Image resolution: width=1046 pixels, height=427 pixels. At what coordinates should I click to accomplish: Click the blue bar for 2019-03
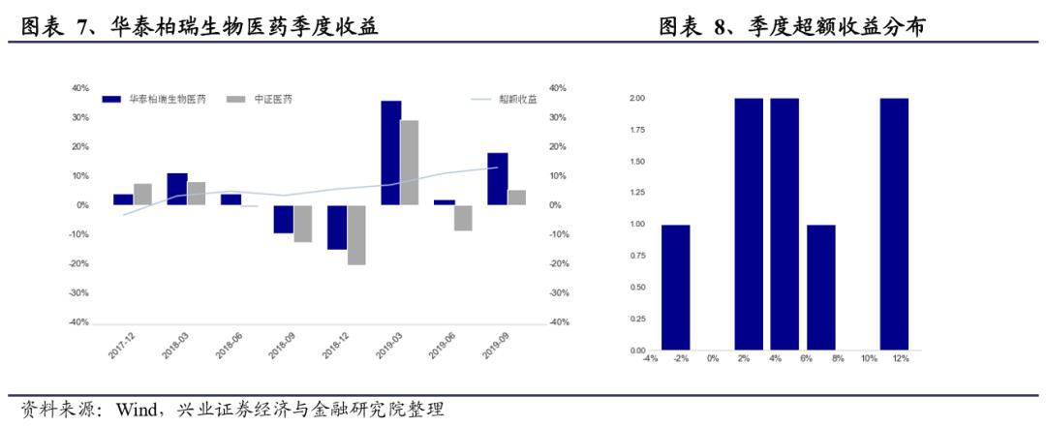390,153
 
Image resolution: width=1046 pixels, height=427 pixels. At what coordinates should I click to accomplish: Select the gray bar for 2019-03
410,163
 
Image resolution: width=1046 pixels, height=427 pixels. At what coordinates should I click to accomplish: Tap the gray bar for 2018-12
356,235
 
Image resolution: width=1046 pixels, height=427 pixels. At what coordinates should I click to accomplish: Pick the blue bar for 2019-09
497,179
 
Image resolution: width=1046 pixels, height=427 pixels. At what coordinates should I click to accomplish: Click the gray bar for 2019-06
463,218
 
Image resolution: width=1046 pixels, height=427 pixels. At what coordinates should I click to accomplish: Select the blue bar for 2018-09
283,220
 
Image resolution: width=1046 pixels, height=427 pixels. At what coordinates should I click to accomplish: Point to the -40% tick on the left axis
78,322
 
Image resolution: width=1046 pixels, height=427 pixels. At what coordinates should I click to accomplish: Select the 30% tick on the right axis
557,117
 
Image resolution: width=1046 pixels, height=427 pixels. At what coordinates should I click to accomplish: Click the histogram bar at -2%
675,288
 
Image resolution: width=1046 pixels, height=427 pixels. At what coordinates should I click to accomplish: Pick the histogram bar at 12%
894,225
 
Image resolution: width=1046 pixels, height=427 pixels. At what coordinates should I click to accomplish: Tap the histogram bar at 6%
821,288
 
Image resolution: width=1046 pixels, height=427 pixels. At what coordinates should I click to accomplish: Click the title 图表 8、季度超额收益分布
791,27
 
